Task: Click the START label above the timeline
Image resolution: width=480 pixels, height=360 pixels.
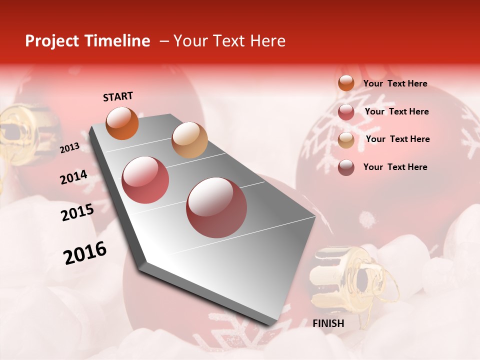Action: click(x=118, y=96)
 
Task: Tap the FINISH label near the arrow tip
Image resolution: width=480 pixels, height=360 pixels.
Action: click(x=328, y=323)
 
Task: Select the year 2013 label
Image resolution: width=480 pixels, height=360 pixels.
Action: click(x=69, y=148)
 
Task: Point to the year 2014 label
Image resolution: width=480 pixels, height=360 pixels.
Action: click(x=73, y=177)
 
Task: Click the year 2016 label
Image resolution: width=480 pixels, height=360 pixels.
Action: click(x=85, y=253)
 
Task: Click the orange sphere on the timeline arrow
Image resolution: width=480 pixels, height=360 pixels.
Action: click(x=122, y=123)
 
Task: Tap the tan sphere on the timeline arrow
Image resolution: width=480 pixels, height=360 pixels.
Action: click(x=189, y=140)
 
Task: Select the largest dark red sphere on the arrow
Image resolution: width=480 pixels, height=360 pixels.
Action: click(x=216, y=207)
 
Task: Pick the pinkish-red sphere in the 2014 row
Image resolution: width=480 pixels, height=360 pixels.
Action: click(x=145, y=179)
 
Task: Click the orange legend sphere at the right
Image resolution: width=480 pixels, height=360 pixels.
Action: click(x=346, y=83)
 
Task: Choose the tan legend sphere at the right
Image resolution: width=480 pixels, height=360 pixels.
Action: click(x=346, y=140)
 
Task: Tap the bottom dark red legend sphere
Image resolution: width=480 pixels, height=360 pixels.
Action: click(x=346, y=167)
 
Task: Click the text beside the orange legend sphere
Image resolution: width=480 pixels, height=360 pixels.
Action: click(x=395, y=83)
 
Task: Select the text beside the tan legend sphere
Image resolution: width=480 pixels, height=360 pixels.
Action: click(x=397, y=139)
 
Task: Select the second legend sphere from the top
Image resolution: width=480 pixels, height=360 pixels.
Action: click(x=346, y=112)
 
